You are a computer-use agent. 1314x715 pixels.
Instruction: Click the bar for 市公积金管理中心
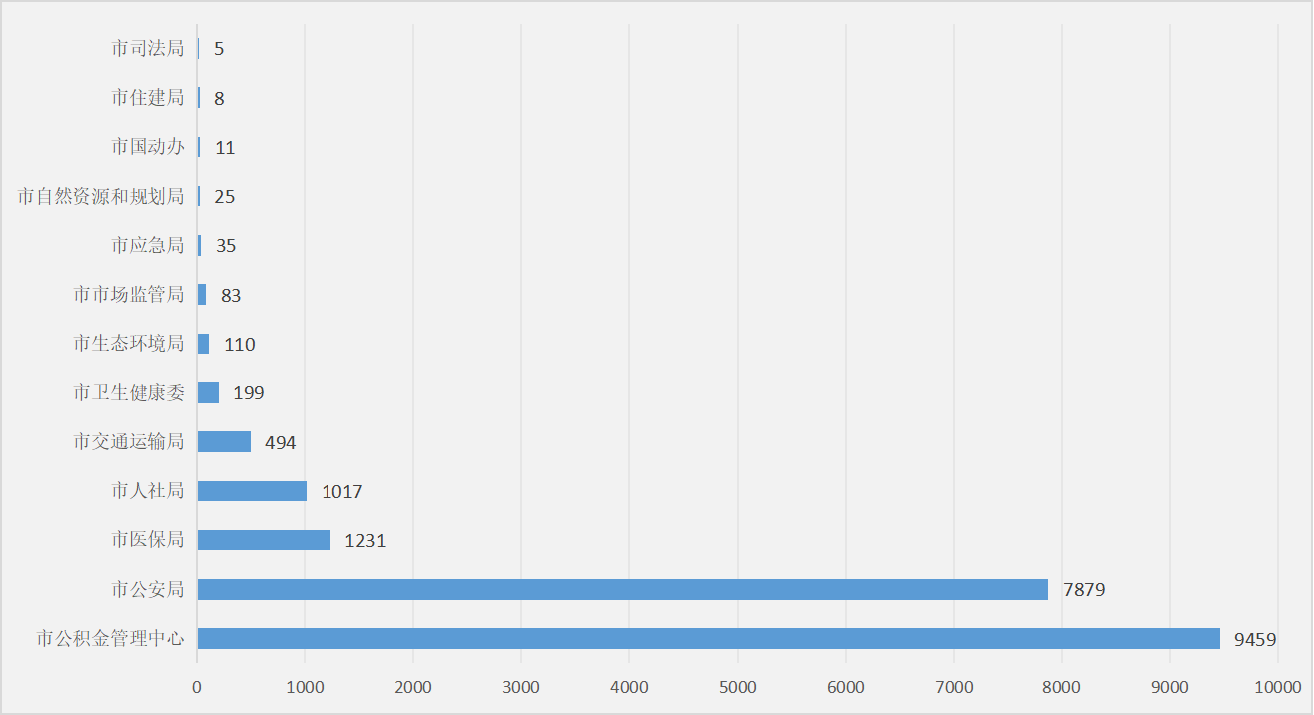[x=708, y=638]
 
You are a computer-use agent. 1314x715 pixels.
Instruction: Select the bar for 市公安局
[x=622, y=589]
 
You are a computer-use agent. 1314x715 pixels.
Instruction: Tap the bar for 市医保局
[x=264, y=540]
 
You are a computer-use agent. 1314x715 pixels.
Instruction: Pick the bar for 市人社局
[x=252, y=491]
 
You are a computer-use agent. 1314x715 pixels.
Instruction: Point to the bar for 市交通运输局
[x=224, y=442]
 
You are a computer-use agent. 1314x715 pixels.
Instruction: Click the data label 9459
[x=1255, y=639]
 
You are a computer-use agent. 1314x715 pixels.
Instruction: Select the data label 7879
[x=1084, y=590]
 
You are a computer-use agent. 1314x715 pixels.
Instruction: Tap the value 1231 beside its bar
[x=365, y=541]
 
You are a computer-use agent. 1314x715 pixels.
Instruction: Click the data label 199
[x=248, y=393]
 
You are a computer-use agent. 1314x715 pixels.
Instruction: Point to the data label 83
[x=231, y=296]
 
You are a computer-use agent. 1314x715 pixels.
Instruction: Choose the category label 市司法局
[x=148, y=48]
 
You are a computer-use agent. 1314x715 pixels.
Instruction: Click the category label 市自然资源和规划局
[x=101, y=196]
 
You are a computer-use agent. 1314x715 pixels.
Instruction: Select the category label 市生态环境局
[x=129, y=344]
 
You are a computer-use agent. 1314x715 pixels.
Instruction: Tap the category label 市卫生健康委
[x=129, y=393]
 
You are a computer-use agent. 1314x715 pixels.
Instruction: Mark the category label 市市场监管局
[x=129, y=295]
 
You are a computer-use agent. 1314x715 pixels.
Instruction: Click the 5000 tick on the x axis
[x=737, y=687]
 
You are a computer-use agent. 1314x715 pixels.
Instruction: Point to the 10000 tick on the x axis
[x=1277, y=687]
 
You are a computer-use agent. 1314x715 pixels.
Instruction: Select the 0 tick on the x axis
[x=197, y=687]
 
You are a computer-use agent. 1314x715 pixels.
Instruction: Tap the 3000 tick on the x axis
[x=521, y=687]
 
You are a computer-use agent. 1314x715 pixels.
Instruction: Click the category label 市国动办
[x=148, y=147]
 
